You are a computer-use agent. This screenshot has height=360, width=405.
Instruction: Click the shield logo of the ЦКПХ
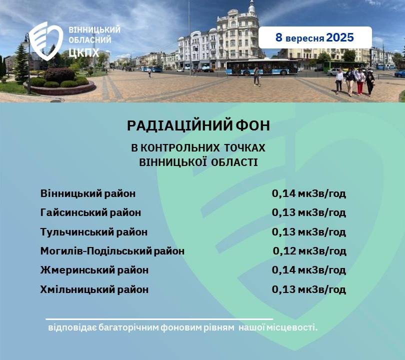tap(46, 41)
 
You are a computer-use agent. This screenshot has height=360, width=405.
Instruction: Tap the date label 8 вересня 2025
tap(314, 37)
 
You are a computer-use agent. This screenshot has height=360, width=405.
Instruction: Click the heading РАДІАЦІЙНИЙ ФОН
tap(198, 125)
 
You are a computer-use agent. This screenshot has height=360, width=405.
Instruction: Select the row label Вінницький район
tap(88, 193)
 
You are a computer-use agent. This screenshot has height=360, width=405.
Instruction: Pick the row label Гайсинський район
tap(90, 213)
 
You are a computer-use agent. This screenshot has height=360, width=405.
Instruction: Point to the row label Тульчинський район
tap(94, 232)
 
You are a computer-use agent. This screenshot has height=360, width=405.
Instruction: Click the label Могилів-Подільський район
tap(112, 251)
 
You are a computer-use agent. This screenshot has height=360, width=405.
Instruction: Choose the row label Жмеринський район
tap(94, 270)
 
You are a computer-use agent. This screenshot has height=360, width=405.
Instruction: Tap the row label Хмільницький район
tap(94, 289)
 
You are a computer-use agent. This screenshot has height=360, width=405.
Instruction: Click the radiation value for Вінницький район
tap(308, 193)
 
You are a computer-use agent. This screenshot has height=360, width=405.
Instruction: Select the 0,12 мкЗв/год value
tap(309, 251)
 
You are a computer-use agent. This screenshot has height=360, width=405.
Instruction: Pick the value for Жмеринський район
tap(308, 270)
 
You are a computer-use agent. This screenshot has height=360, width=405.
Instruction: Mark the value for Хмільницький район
tap(308, 289)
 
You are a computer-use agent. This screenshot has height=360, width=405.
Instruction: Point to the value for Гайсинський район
tap(308, 213)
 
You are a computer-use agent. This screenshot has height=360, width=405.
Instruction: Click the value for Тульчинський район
tap(308, 232)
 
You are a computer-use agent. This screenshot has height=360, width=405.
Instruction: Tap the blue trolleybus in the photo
tap(262, 67)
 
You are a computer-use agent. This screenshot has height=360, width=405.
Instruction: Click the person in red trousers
tap(360, 82)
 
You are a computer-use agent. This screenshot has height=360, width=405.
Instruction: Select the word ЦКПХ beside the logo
tap(84, 52)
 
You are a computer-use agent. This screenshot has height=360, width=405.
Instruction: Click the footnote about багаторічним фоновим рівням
tap(183, 327)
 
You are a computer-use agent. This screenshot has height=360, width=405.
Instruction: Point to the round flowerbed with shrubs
tap(60, 82)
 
